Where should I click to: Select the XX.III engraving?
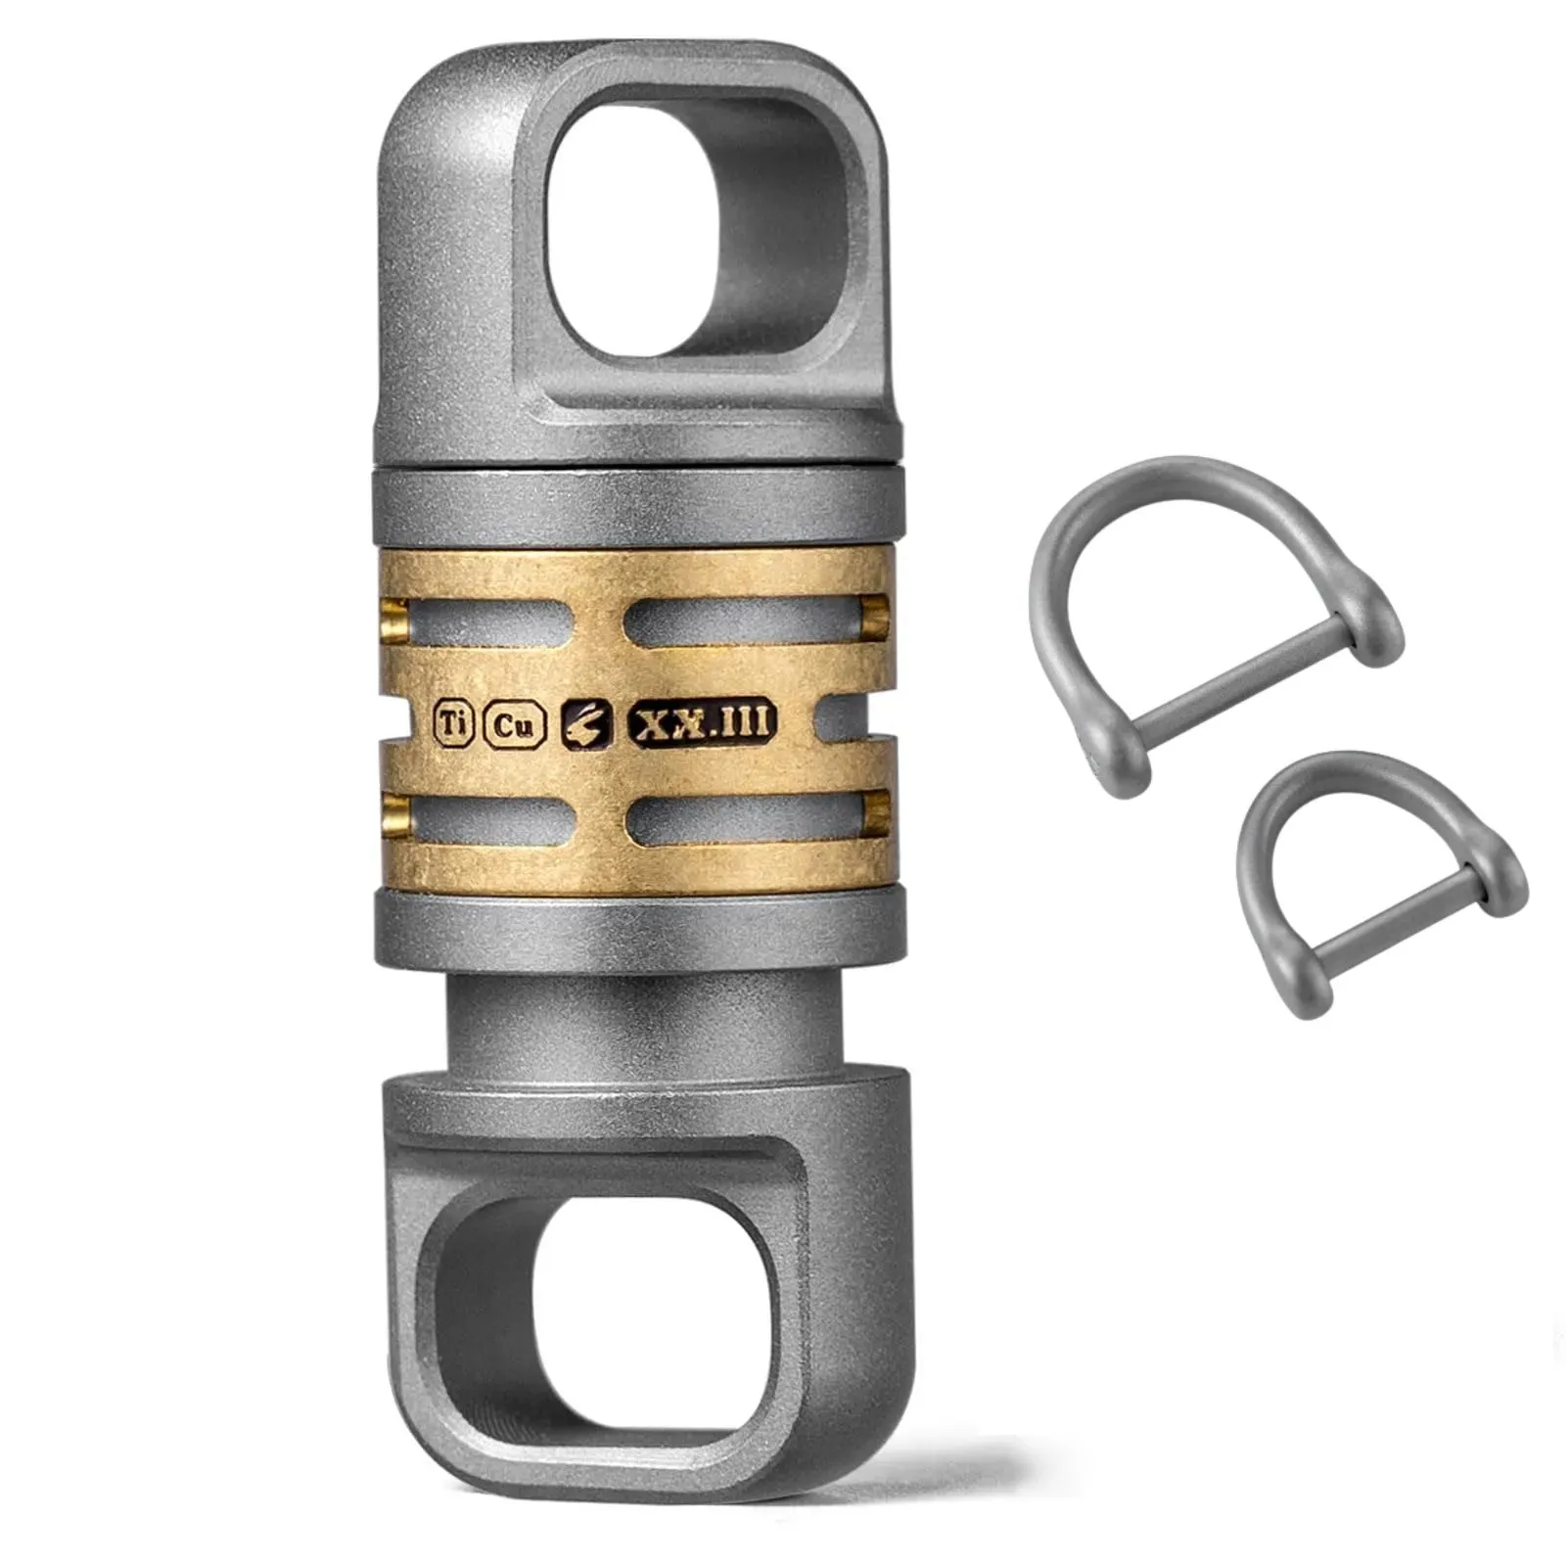click(x=702, y=723)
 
